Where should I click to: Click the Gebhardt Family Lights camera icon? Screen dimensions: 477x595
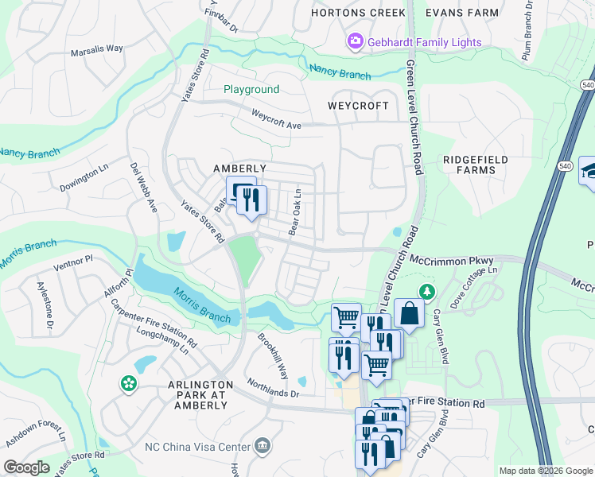pos(355,41)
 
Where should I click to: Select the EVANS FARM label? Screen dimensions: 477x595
pos(462,13)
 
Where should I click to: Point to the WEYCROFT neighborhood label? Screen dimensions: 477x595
pos(359,106)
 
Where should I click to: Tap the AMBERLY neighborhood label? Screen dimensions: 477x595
pos(239,169)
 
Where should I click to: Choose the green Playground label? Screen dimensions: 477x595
pos(251,90)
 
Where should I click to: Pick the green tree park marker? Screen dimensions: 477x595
pos(428,292)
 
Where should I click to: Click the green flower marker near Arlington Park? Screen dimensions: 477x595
pos(128,384)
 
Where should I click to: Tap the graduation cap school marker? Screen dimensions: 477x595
pos(589,171)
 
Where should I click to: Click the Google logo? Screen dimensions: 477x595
pos(27,467)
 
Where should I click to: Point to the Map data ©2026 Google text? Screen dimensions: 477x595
pos(545,471)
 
